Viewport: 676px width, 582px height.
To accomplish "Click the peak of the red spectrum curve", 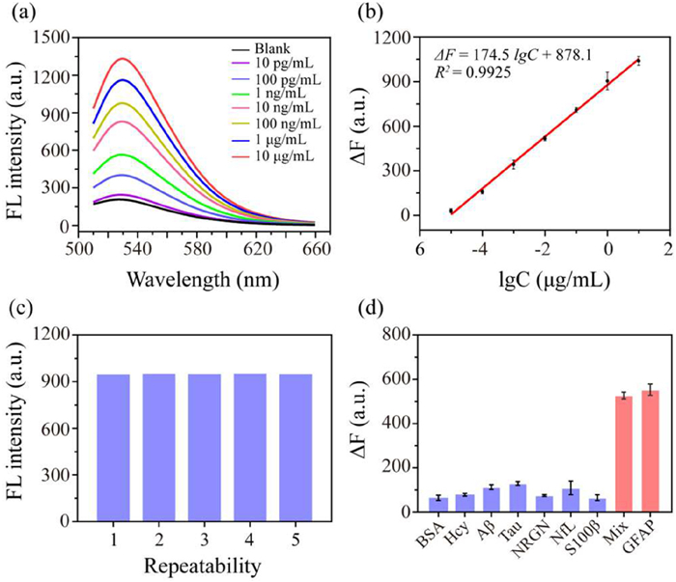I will click(x=124, y=59).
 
